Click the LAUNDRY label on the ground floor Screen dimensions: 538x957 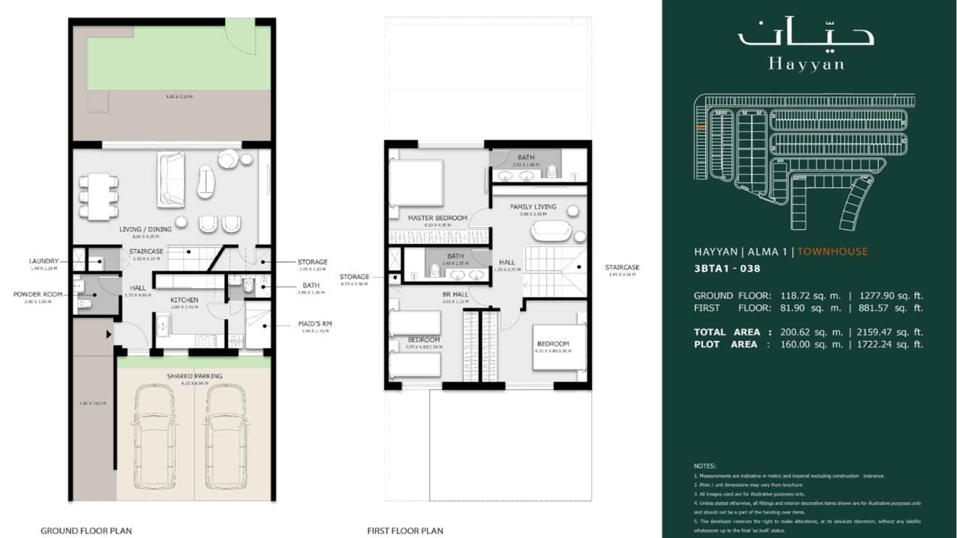click(x=43, y=261)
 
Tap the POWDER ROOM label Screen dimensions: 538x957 click(x=38, y=294)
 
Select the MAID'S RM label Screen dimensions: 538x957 click(x=315, y=324)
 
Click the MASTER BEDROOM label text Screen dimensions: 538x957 click(x=437, y=218)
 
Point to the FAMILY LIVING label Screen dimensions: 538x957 click(x=533, y=207)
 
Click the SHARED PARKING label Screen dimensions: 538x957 click(x=194, y=376)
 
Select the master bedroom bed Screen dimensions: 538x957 click(x=417, y=182)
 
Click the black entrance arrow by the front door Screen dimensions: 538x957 click(x=108, y=334)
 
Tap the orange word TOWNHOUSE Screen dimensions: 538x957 click(x=832, y=252)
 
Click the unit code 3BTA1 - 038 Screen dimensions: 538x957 click(x=727, y=269)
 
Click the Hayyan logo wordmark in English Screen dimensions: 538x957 click(x=806, y=64)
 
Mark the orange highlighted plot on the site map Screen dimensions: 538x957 click(x=701, y=128)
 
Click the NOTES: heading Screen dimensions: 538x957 click(x=704, y=466)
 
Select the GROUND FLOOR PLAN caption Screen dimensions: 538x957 click(x=86, y=531)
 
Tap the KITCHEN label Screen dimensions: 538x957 click(x=184, y=300)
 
